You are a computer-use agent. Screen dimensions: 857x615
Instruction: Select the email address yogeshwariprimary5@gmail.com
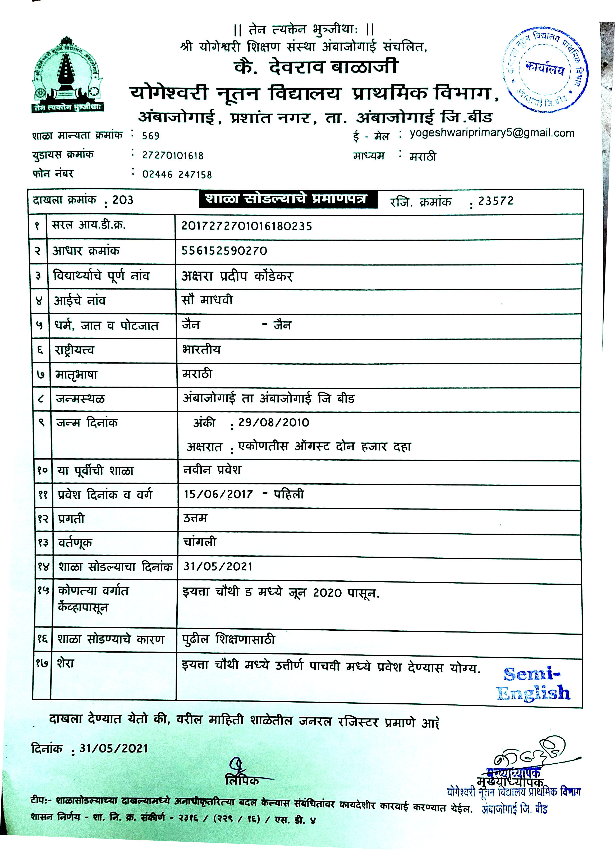pos(492,133)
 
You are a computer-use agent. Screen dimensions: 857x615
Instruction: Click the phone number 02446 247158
pos(177,175)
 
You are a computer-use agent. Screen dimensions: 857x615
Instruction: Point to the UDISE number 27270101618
pos(173,155)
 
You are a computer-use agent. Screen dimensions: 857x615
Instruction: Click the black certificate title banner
pos(288,199)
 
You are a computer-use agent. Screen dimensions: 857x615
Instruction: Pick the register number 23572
pos(496,201)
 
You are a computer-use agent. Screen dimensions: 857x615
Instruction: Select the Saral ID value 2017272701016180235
pos(247,226)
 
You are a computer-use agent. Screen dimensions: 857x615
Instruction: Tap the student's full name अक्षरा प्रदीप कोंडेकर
pos(237,276)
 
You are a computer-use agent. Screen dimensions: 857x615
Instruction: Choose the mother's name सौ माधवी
pos(207,300)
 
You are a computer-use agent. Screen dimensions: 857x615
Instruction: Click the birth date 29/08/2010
pos(273,423)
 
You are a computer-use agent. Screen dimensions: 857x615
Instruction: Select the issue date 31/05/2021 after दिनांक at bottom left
pos(113,749)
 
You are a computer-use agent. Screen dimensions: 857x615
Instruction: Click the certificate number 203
pos(123,200)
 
